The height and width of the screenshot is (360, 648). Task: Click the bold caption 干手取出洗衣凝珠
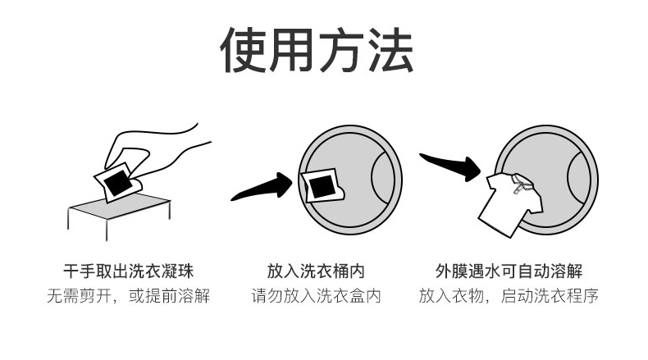click(x=129, y=271)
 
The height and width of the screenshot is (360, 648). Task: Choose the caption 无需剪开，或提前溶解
click(x=129, y=295)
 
